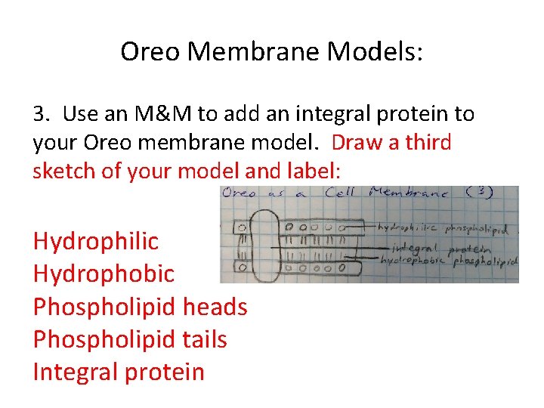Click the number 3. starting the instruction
point(42,114)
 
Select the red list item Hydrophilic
point(96,242)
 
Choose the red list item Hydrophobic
point(104,274)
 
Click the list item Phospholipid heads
point(140,307)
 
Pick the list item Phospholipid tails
point(130,339)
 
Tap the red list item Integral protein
point(119,372)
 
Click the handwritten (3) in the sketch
point(479,192)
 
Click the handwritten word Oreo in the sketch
point(241,194)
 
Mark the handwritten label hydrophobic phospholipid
point(447,260)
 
